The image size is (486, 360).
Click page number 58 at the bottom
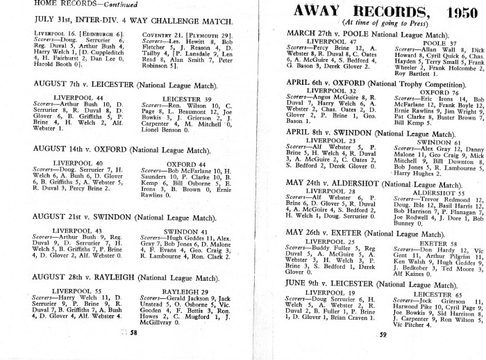[x=134, y=334]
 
